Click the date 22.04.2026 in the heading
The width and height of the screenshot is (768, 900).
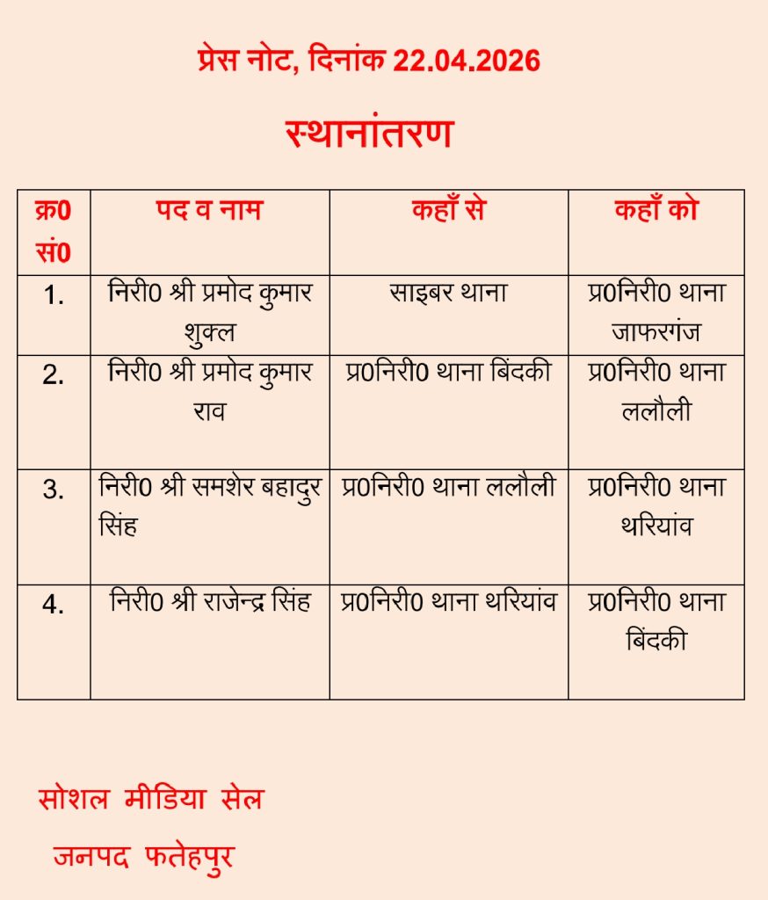[466, 61]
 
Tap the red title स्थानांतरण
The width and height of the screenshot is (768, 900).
[369, 134]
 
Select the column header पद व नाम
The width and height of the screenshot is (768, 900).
[209, 211]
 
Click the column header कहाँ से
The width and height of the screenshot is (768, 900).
[448, 211]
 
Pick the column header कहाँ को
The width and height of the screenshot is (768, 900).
[656, 211]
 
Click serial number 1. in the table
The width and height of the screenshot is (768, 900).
[54, 296]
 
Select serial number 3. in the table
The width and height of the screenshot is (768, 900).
[54, 490]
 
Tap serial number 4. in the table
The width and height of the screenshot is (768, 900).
[54, 606]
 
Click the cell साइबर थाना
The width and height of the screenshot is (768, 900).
[448, 293]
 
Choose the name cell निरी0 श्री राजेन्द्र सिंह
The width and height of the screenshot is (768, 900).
[210, 603]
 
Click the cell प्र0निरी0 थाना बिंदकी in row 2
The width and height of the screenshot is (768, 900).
[448, 372]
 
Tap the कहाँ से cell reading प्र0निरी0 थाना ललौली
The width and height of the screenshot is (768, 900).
[448, 488]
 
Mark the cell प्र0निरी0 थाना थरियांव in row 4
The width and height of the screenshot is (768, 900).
[448, 603]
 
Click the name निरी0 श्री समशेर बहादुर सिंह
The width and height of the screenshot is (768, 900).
[210, 505]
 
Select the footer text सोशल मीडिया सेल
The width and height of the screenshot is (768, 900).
[151, 799]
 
